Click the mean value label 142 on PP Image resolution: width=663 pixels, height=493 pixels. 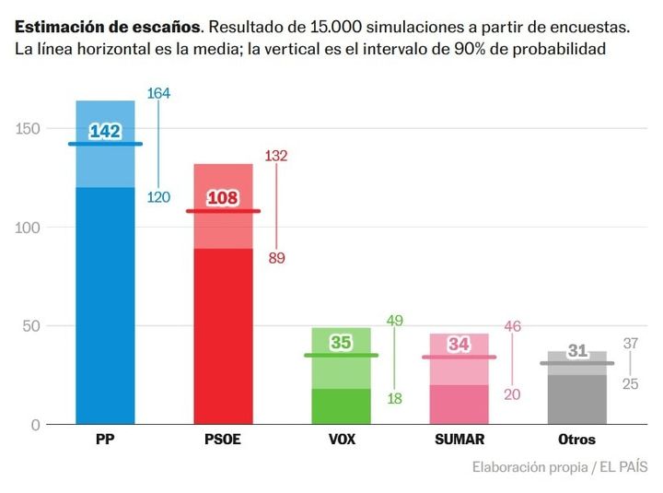click(x=105, y=132)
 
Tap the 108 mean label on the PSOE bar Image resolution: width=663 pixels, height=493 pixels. click(x=223, y=198)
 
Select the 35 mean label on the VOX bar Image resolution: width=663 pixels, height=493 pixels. click(x=341, y=343)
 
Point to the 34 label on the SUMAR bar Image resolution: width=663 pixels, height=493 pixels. click(x=459, y=345)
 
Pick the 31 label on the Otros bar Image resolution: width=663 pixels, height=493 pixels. click(x=577, y=351)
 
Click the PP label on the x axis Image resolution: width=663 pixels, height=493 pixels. click(x=105, y=440)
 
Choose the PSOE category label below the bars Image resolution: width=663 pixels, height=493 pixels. click(x=222, y=440)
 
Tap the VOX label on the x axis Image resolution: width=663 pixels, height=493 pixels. click(x=341, y=440)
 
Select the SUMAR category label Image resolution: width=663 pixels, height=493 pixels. click(x=459, y=440)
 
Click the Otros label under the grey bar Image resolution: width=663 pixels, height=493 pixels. click(x=576, y=440)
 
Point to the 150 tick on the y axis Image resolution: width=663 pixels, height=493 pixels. click(x=29, y=129)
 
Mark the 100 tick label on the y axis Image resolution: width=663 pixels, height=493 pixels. click(x=29, y=228)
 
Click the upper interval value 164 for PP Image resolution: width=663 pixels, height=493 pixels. click(x=158, y=93)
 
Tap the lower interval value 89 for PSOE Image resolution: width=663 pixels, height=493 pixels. click(x=276, y=258)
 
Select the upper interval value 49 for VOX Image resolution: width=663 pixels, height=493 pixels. click(x=395, y=321)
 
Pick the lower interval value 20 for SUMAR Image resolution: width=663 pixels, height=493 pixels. click(x=512, y=394)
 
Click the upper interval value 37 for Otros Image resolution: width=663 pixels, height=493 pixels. click(x=630, y=344)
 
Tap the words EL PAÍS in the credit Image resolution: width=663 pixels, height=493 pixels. click(x=622, y=466)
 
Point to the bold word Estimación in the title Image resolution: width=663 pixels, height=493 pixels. click(x=56, y=25)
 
